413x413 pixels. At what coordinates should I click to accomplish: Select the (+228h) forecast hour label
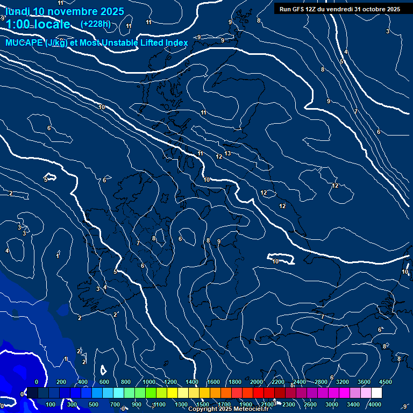click(95, 24)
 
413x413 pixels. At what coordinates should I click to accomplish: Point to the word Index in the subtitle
click(175, 43)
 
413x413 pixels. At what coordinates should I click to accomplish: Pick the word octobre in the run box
click(374, 9)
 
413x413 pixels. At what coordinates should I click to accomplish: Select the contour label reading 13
click(227, 153)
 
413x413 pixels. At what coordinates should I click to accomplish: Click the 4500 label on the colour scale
click(386, 382)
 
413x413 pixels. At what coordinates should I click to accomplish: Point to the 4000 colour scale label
click(375, 404)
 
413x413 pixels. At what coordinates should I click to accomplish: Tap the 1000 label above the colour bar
click(149, 382)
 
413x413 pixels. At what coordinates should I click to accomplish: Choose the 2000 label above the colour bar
click(257, 382)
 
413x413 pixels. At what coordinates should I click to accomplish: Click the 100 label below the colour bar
click(51, 404)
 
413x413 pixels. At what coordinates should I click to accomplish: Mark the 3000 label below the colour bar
click(332, 404)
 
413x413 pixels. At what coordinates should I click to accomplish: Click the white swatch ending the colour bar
click(376, 393)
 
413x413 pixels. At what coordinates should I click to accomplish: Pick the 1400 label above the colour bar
click(192, 382)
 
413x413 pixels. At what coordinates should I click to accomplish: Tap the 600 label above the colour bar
click(104, 382)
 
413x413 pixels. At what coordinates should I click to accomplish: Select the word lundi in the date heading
click(17, 11)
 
